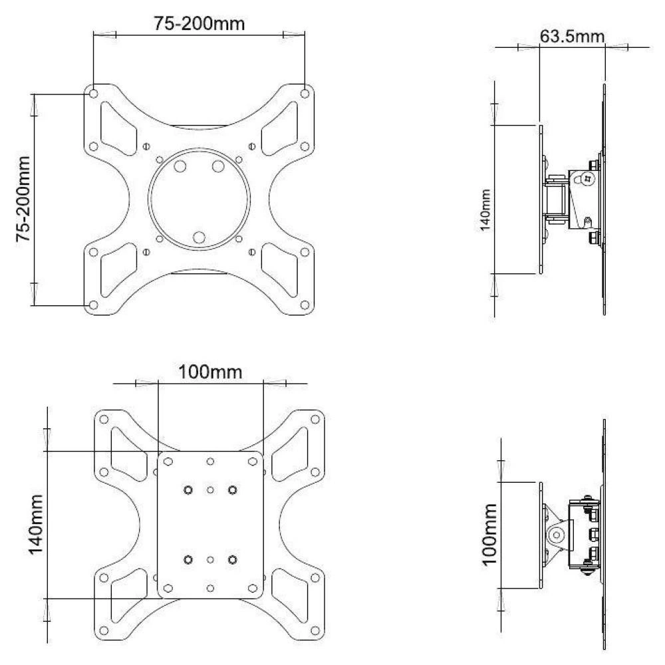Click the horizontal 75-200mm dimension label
(199, 24)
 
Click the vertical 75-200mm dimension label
(24, 199)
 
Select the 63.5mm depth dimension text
(572, 37)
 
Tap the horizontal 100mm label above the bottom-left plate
(210, 372)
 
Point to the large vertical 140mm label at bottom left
(36, 524)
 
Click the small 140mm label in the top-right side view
(485, 210)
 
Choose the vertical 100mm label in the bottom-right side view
(489, 535)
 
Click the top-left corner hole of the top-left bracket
(94, 93)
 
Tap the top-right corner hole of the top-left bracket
(305, 93)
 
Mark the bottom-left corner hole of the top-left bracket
(94, 305)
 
